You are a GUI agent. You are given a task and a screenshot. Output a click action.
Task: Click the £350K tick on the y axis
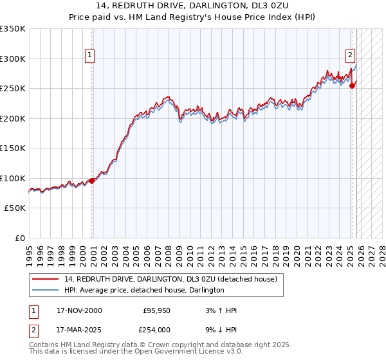coord(12,29)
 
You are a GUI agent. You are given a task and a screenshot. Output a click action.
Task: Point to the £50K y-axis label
coord(14,208)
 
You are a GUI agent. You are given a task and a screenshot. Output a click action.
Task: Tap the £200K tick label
coord(12,118)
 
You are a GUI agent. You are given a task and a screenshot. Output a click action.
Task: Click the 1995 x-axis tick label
coord(29,251)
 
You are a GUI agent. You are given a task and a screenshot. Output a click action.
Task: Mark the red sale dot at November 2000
coord(92,181)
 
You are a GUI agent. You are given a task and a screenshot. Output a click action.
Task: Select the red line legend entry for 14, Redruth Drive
coord(170,279)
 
